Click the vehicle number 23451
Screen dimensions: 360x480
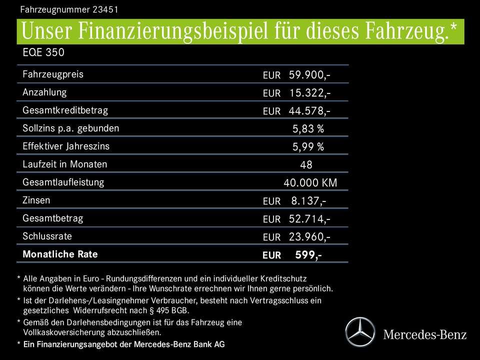[104, 9]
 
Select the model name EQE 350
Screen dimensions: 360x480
[43, 52]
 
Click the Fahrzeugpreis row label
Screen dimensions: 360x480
[53, 74]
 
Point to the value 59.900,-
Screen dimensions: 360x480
[309, 75]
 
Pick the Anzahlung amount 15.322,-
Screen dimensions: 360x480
[309, 93]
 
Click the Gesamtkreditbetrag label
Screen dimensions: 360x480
[65, 110]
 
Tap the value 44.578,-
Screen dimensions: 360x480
[309, 111]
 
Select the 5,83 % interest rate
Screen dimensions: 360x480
[308, 129]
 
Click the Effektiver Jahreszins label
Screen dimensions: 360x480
[66, 146]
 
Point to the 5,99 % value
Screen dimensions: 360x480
[308, 147]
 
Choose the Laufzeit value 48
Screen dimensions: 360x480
[306, 165]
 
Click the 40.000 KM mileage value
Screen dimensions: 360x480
[310, 183]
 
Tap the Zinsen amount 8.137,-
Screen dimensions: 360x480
[308, 201]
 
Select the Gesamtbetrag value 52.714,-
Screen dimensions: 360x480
[309, 219]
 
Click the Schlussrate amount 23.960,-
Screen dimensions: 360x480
[309, 237]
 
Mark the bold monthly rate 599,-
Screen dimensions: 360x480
[308, 255]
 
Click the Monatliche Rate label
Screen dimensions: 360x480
[60, 254]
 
